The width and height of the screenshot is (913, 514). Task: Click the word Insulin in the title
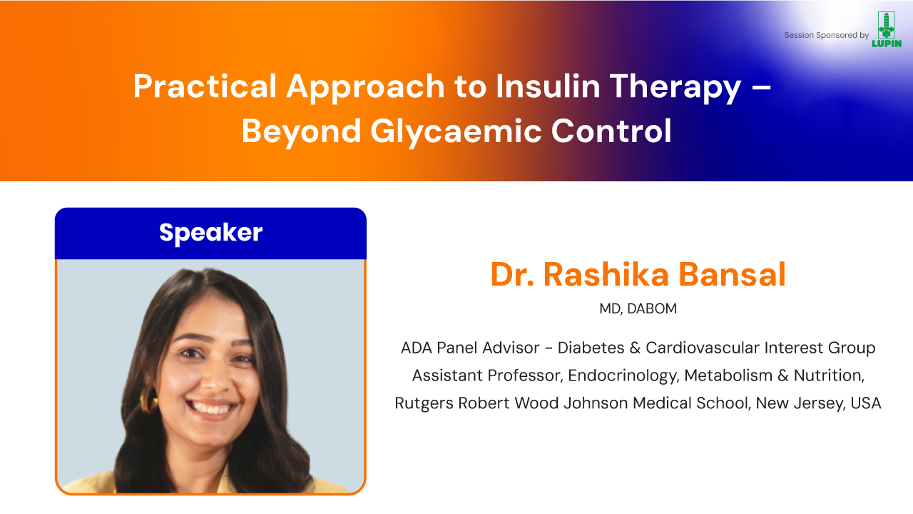[x=548, y=86]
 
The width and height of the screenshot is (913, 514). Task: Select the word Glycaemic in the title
[x=456, y=133]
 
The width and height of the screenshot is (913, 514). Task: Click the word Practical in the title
[x=205, y=86]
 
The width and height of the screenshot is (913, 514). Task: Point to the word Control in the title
[x=611, y=131]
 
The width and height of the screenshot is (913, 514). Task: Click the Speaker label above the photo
[x=210, y=233]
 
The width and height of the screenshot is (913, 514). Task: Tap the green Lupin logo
[x=886, y=29]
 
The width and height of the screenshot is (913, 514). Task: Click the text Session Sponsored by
[x=826, y=35]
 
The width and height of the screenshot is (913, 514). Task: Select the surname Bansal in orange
[x=732, y=274]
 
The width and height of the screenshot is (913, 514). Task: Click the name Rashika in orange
[x=606, y=274]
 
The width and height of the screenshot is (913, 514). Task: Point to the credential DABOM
[x=652, y=309]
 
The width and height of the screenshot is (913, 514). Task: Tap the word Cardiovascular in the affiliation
[x=703, y=348]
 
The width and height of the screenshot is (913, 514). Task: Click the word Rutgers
[x=424, y=404]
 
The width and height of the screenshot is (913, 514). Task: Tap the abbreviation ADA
[x=416, y=348]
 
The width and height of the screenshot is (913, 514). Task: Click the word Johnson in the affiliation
[x=596, y=403]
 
